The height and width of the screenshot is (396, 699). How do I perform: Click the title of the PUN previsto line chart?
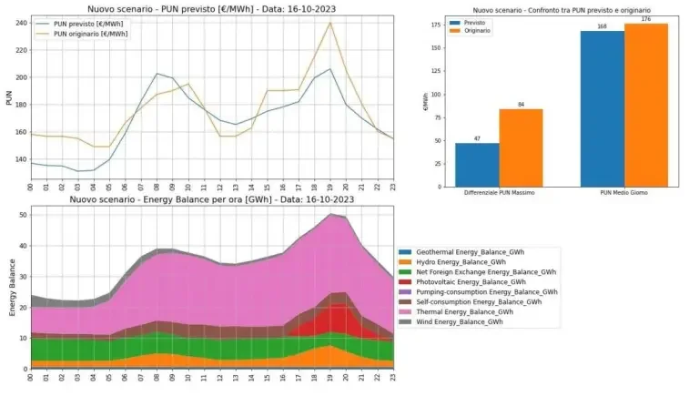[x=213, y=8]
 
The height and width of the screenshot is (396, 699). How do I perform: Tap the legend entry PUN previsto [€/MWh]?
[x=87, y=24]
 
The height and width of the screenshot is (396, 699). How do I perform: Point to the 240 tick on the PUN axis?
[x=19, y=23]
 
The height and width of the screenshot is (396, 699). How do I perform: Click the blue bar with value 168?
[x=603, y=107]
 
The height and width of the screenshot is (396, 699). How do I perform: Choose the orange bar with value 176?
[x=646, y=104]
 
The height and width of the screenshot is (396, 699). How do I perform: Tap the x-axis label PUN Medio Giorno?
[x=624, y=192]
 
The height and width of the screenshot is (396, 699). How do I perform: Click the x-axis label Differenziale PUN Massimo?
[x=499, y=192]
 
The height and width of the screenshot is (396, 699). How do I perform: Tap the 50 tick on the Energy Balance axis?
[x=21, y=213]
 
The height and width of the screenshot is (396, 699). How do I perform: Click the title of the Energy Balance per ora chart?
[x=212, y=198]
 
